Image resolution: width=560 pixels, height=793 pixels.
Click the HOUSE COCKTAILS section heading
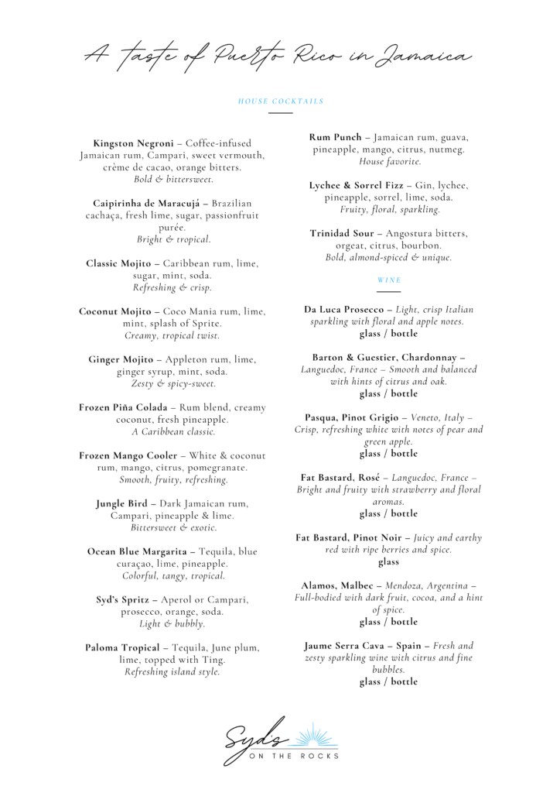click(x=280, y=101)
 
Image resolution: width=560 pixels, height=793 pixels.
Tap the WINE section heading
click(x=388, y=280)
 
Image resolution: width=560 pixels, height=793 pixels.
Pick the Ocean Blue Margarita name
click(x=137, y=552)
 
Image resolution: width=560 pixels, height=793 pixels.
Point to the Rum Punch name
click(x=336, y=138)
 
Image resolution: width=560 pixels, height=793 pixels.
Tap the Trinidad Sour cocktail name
click(x=343, y=234)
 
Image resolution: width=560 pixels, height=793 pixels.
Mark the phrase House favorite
click(x=390, y=162)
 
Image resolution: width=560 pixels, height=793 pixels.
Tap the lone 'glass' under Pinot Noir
click(x=388, y=562)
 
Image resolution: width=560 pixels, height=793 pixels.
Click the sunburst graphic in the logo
click(x=312, y=736)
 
